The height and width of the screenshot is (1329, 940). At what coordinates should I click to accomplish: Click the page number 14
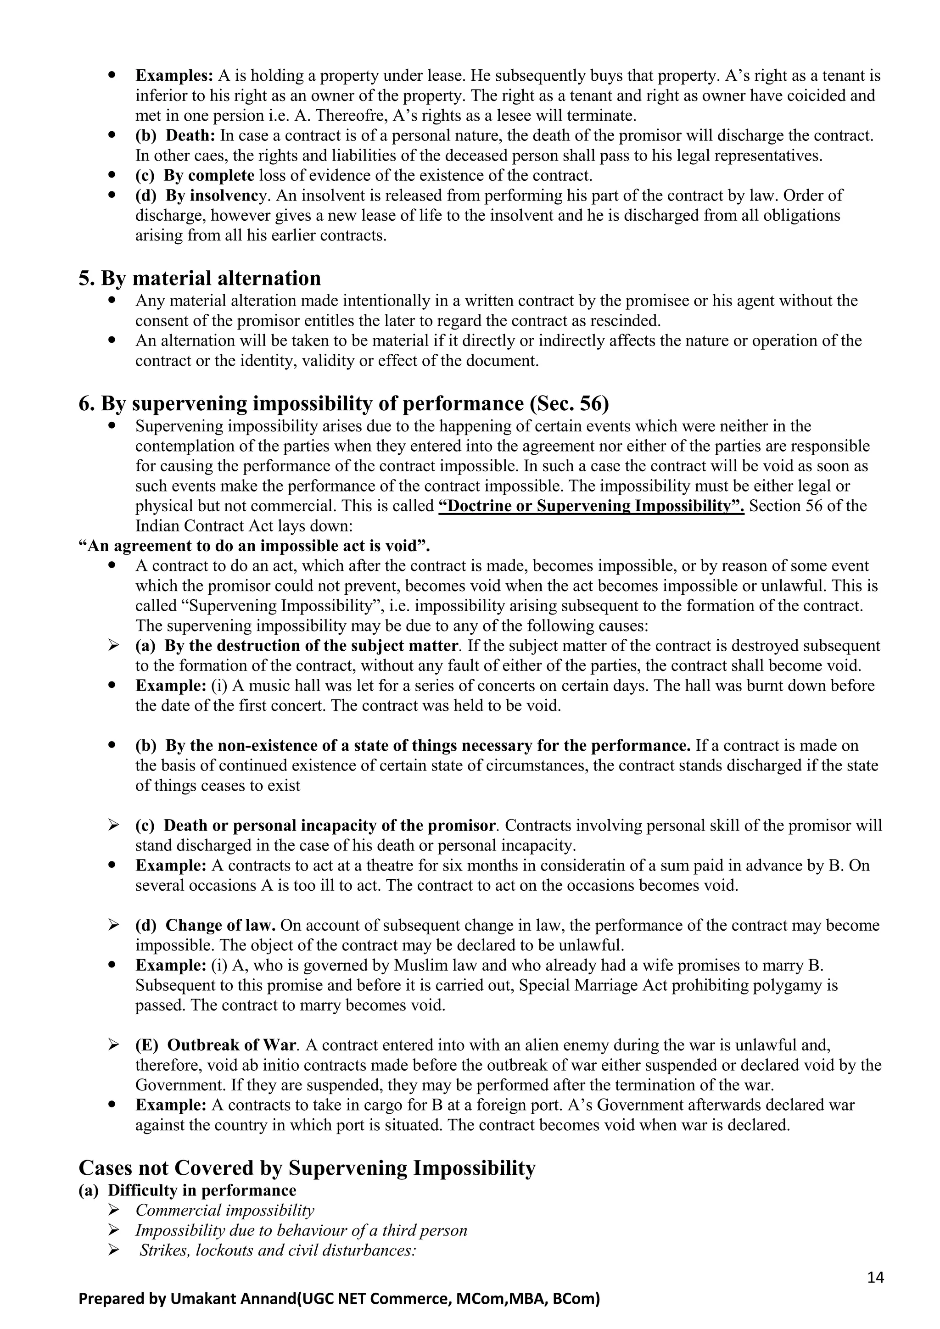tap(876, 1278)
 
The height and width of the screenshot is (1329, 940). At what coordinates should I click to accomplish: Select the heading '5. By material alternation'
tap(200, 279)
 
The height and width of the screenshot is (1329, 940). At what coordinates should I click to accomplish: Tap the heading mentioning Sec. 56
tap(344, 403)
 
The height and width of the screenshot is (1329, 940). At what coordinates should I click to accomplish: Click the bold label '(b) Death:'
tap(175, 136)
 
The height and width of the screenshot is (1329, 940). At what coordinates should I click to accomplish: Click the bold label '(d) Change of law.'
tap(205, 926)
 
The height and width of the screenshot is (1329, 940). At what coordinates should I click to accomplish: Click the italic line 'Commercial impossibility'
tap(224, 1210)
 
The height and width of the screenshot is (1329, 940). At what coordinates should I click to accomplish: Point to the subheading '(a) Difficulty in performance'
tap(188, 1190)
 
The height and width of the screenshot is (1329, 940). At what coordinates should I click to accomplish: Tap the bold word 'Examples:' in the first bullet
tap(175, 76)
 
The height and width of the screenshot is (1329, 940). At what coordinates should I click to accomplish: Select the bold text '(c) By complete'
tap(195, 175)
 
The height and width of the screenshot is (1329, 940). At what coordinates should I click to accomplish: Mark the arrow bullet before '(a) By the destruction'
tap(114, 645)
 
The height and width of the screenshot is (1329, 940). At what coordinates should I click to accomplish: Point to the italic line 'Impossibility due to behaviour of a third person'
tap(301, 1230)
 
